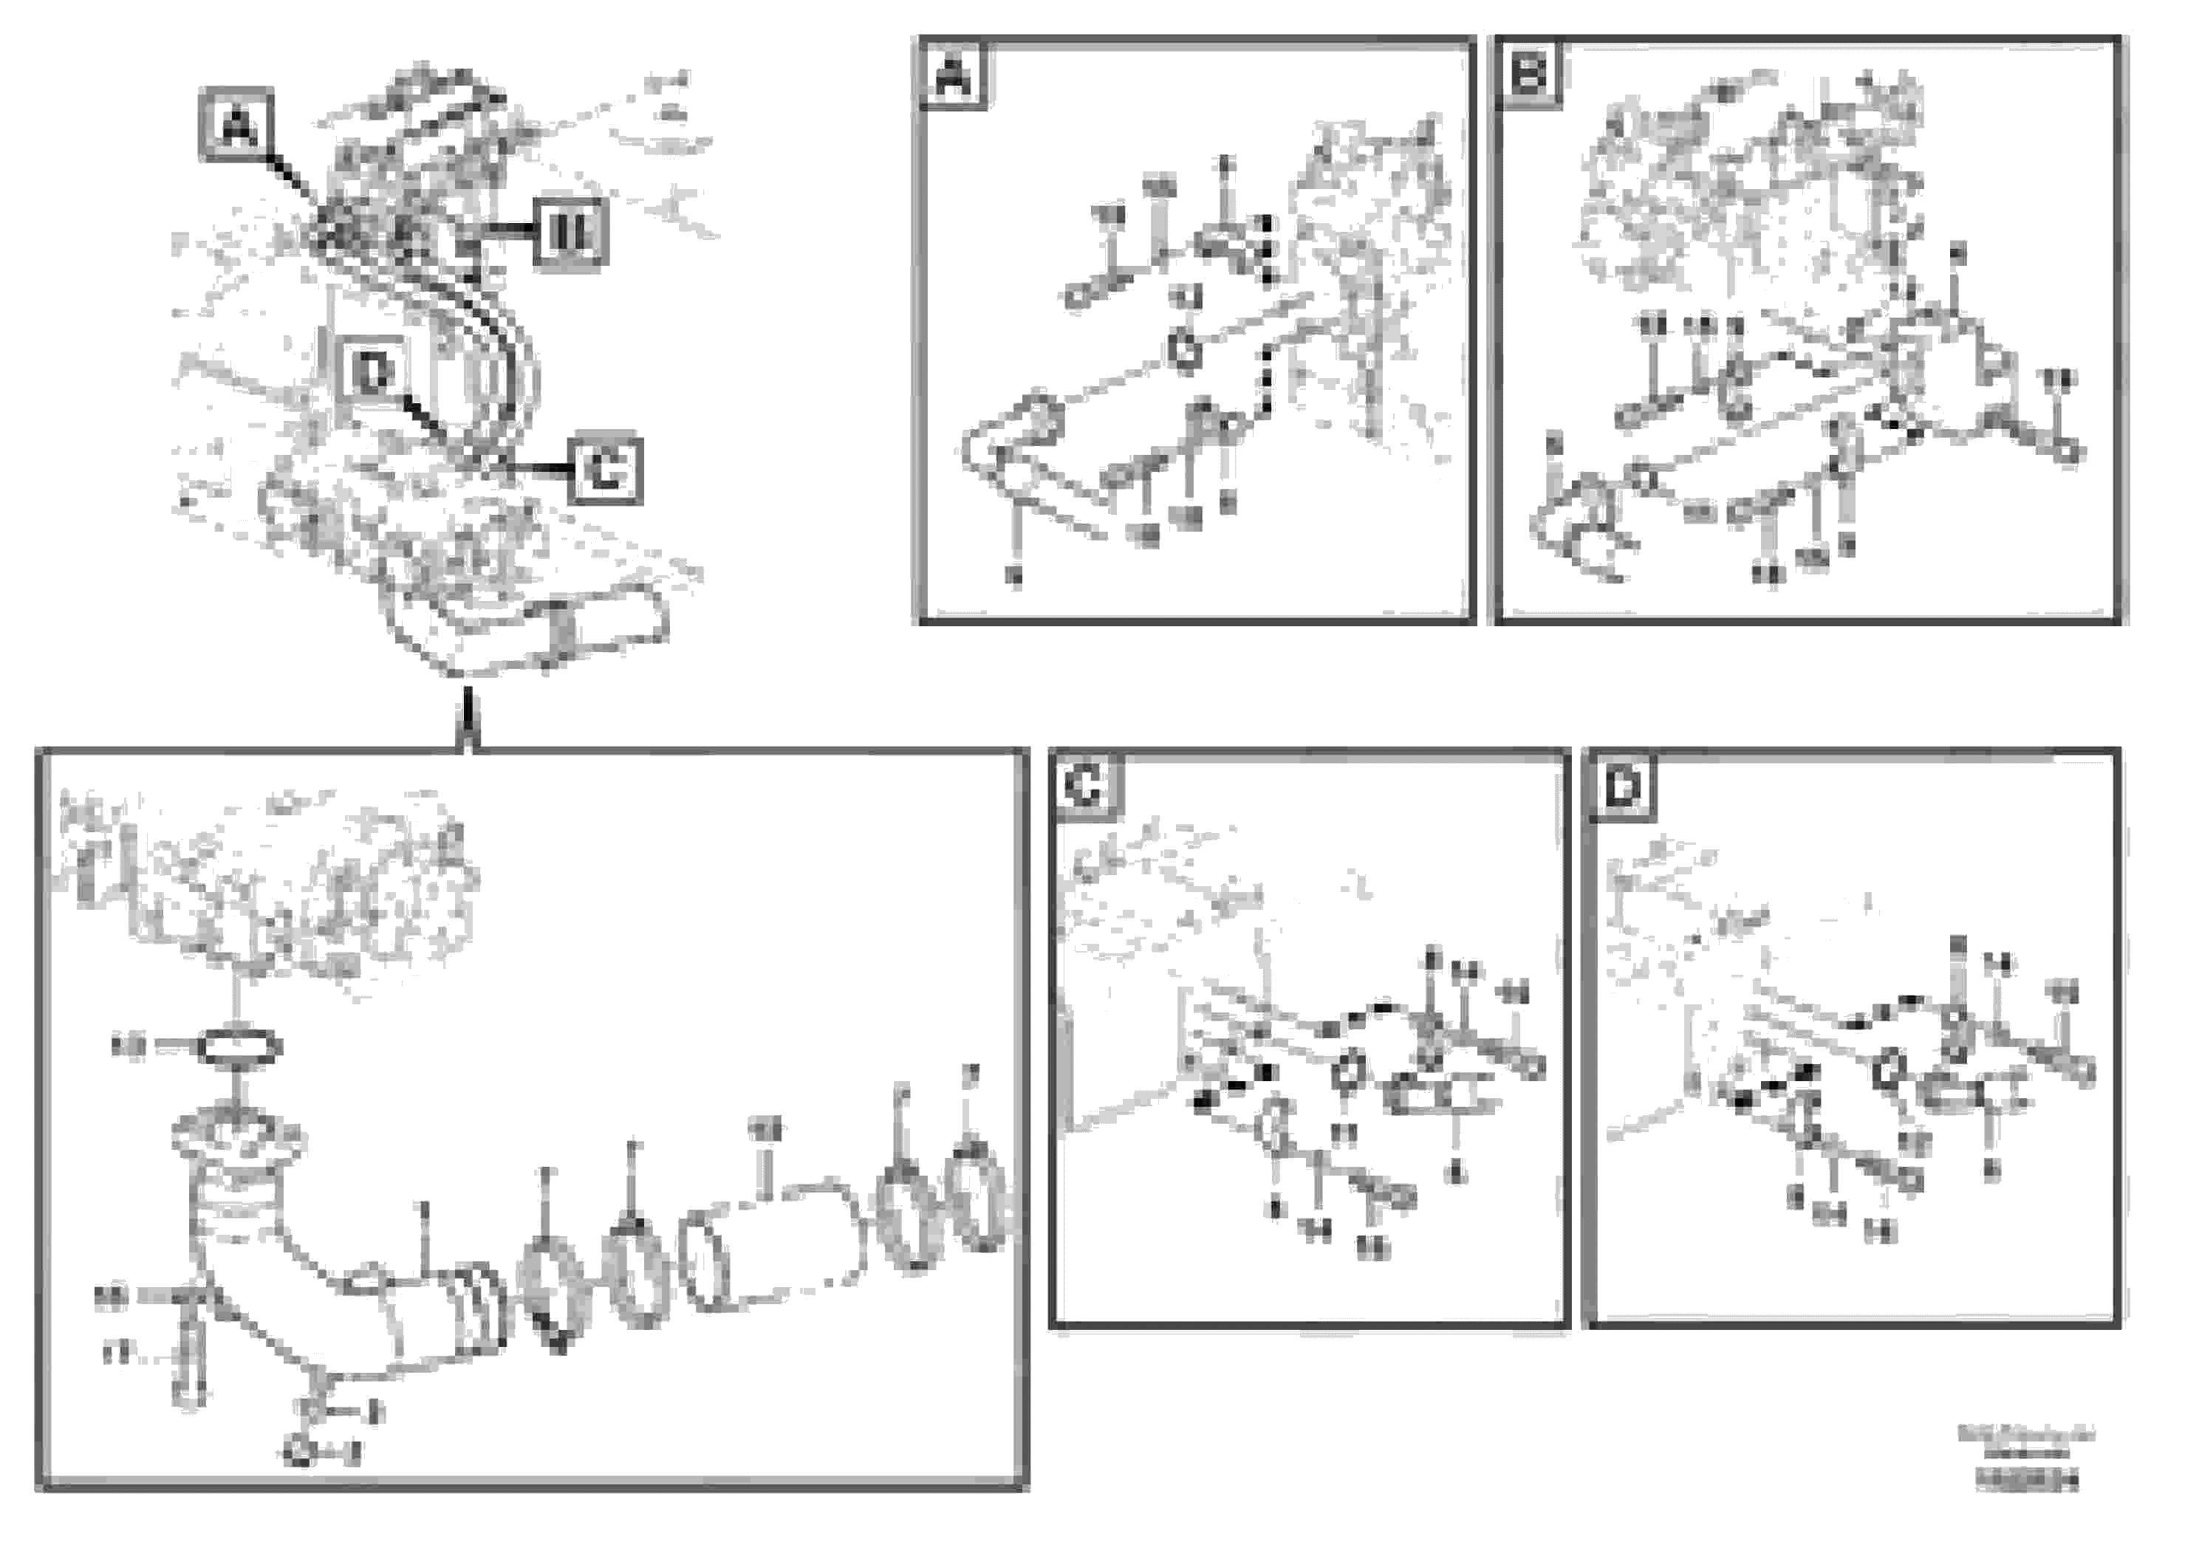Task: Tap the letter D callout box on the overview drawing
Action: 372,371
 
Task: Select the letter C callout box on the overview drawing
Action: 605,470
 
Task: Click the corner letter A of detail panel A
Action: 953,75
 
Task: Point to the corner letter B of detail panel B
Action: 1528,73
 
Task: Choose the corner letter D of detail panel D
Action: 1622,788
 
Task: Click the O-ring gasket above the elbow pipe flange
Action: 239,1046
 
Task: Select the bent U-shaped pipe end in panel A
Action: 1005,445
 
